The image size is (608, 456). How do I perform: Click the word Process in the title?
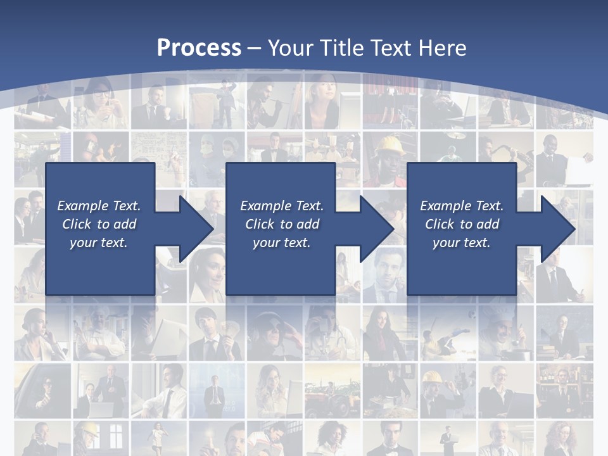point(199,47)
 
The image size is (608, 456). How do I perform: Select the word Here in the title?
point(443,47)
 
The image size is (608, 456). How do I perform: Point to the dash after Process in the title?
point(254,48)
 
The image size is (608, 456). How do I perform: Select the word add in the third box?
point(487,224)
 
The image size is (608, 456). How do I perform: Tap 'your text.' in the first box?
point(99,243)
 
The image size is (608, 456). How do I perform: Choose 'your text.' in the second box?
point(281,243)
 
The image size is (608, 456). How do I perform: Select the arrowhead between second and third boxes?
point(376,229)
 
